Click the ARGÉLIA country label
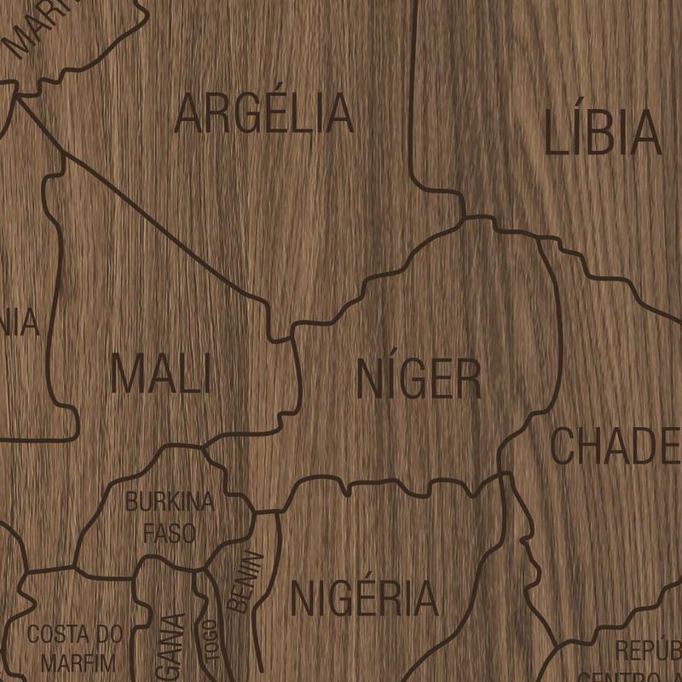(263, 114)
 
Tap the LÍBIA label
(603, 133)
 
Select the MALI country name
(160, 374)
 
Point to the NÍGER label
(419, 379)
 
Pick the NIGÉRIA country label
(364, 598)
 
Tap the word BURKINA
(170, 501)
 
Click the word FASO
(170, 534)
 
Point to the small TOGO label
(211, 639)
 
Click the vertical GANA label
(173, 644)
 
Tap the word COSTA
(59, 634)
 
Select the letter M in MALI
(126, 374)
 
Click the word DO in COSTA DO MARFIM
(109, 634)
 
